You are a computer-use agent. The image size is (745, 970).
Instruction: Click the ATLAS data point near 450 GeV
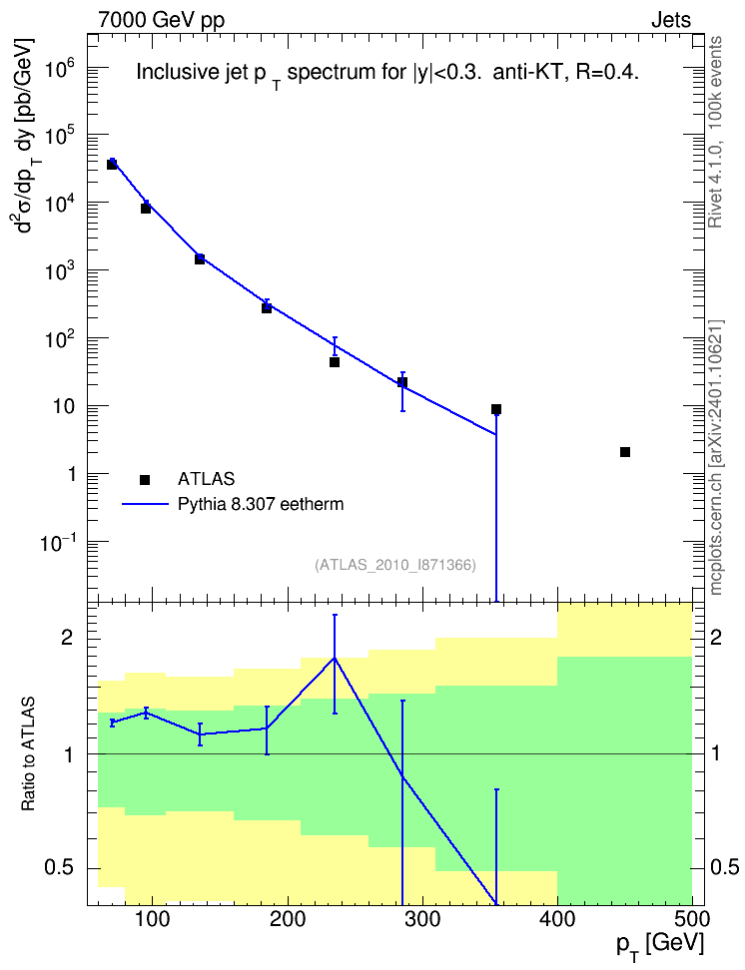point(625,452)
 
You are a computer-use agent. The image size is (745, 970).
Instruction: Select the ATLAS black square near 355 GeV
point(496,409)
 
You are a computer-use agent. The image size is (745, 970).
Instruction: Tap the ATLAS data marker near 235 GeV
point(335,362)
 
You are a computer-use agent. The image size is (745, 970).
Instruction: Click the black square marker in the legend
point(145,479)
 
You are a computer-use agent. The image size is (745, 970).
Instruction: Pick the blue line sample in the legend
point(145,504)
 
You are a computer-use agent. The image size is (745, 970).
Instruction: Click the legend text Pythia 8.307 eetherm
point(260,505)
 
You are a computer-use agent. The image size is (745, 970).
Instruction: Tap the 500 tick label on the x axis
point(692,919)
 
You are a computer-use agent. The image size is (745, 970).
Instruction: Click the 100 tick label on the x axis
point(153,919)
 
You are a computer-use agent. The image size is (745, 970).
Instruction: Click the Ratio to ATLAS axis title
point(28,754)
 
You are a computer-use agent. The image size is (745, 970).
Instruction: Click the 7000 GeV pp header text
point(161,20)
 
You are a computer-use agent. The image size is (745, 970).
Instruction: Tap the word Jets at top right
point(671,20)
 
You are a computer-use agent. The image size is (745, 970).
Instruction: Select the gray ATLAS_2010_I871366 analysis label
point(395,565)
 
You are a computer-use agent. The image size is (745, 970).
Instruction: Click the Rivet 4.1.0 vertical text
point(715,133)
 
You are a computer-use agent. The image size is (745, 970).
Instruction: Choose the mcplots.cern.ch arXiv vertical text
point(715,458)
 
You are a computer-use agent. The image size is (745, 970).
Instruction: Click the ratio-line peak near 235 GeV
point(335,658)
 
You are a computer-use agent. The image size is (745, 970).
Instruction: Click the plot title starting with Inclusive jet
point(387,74)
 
